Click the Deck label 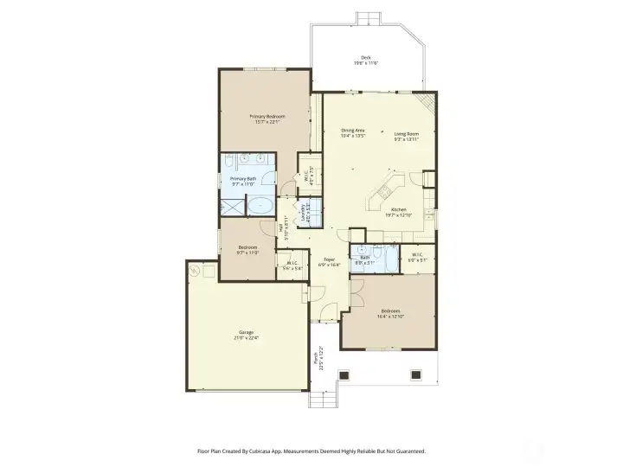point(366,57)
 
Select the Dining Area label point(352,131)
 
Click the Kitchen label point(399,209)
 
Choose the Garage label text point(247,332)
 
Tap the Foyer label point(329,259)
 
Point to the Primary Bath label point(243,178)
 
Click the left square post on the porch point(344,374)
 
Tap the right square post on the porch point(416,374)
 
